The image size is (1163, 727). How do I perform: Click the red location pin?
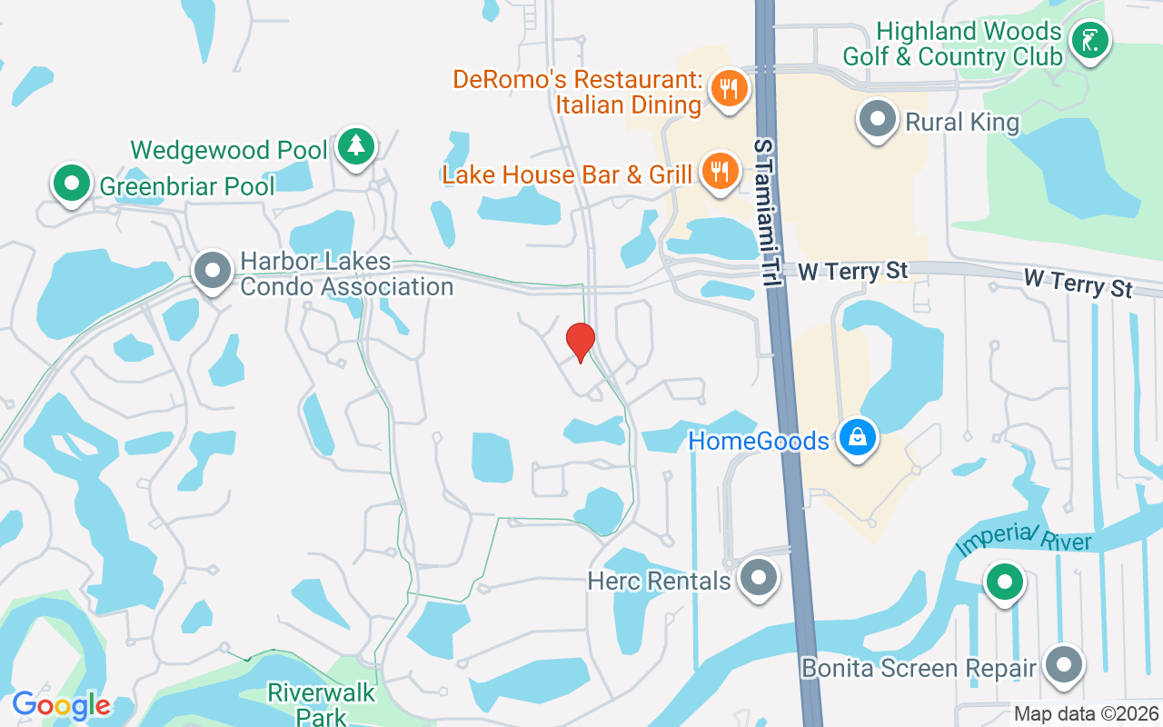580,342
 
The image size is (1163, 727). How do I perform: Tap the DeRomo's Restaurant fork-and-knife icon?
728,88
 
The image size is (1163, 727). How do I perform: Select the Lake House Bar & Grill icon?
720,171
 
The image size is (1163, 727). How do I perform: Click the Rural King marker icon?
878,119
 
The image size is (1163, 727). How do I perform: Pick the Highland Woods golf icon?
1088,40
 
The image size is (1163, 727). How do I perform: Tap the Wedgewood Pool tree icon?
354,145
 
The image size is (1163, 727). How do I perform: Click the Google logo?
61,705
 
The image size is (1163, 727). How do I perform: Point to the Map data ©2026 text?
1086,714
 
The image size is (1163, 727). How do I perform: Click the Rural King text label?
962,121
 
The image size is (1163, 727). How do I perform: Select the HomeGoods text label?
759,441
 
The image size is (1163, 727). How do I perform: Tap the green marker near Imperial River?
1004,581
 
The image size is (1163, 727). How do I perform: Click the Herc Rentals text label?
659,580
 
